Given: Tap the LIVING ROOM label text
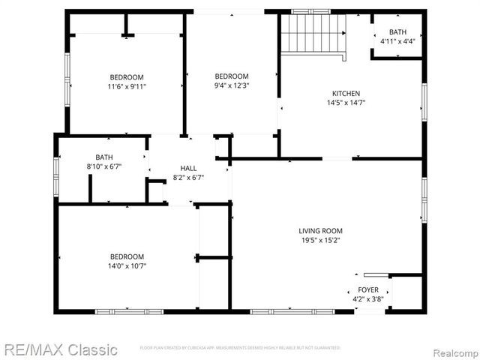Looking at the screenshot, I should click(x=320, y=231).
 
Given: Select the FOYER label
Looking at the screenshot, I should click(x=367, y=289).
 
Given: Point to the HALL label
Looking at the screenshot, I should click(x=187, y=168).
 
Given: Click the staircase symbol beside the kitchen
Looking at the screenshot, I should click(x=313, y=34).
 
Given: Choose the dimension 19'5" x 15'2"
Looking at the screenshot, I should click(x=320, y=241).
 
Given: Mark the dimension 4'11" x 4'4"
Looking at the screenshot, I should click(x=397, y=41).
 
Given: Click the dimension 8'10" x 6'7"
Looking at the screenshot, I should click(x=104, y=167).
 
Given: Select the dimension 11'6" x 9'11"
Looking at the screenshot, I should click(x=126, y=87).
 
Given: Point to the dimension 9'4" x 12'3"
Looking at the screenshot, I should click(x=231, y=86).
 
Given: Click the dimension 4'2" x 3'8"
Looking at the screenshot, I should click(x=367, y=299).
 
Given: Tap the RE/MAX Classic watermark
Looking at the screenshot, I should click(x=59, y=349).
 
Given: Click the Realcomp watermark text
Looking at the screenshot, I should click(x=451, y=350).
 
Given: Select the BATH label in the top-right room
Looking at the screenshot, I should click(x=397, y=31).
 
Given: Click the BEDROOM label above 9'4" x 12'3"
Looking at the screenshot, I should click(x=231, y=76).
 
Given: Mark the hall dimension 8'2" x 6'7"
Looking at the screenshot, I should click(x=187, y=178).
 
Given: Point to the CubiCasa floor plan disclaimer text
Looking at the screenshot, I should click(x=240, y=348).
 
